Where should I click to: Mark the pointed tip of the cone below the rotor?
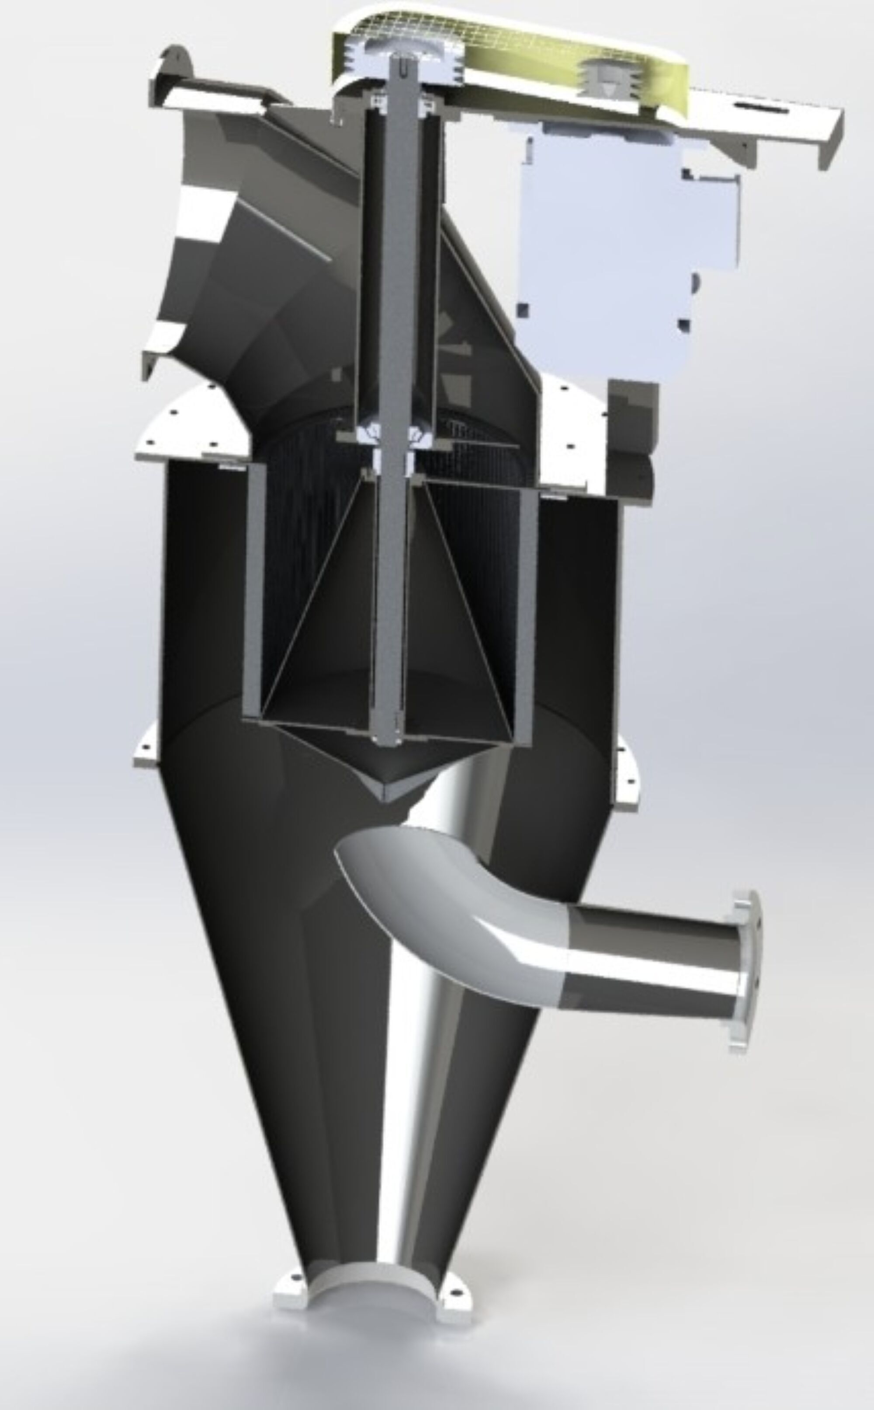(x=386, y=798)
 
